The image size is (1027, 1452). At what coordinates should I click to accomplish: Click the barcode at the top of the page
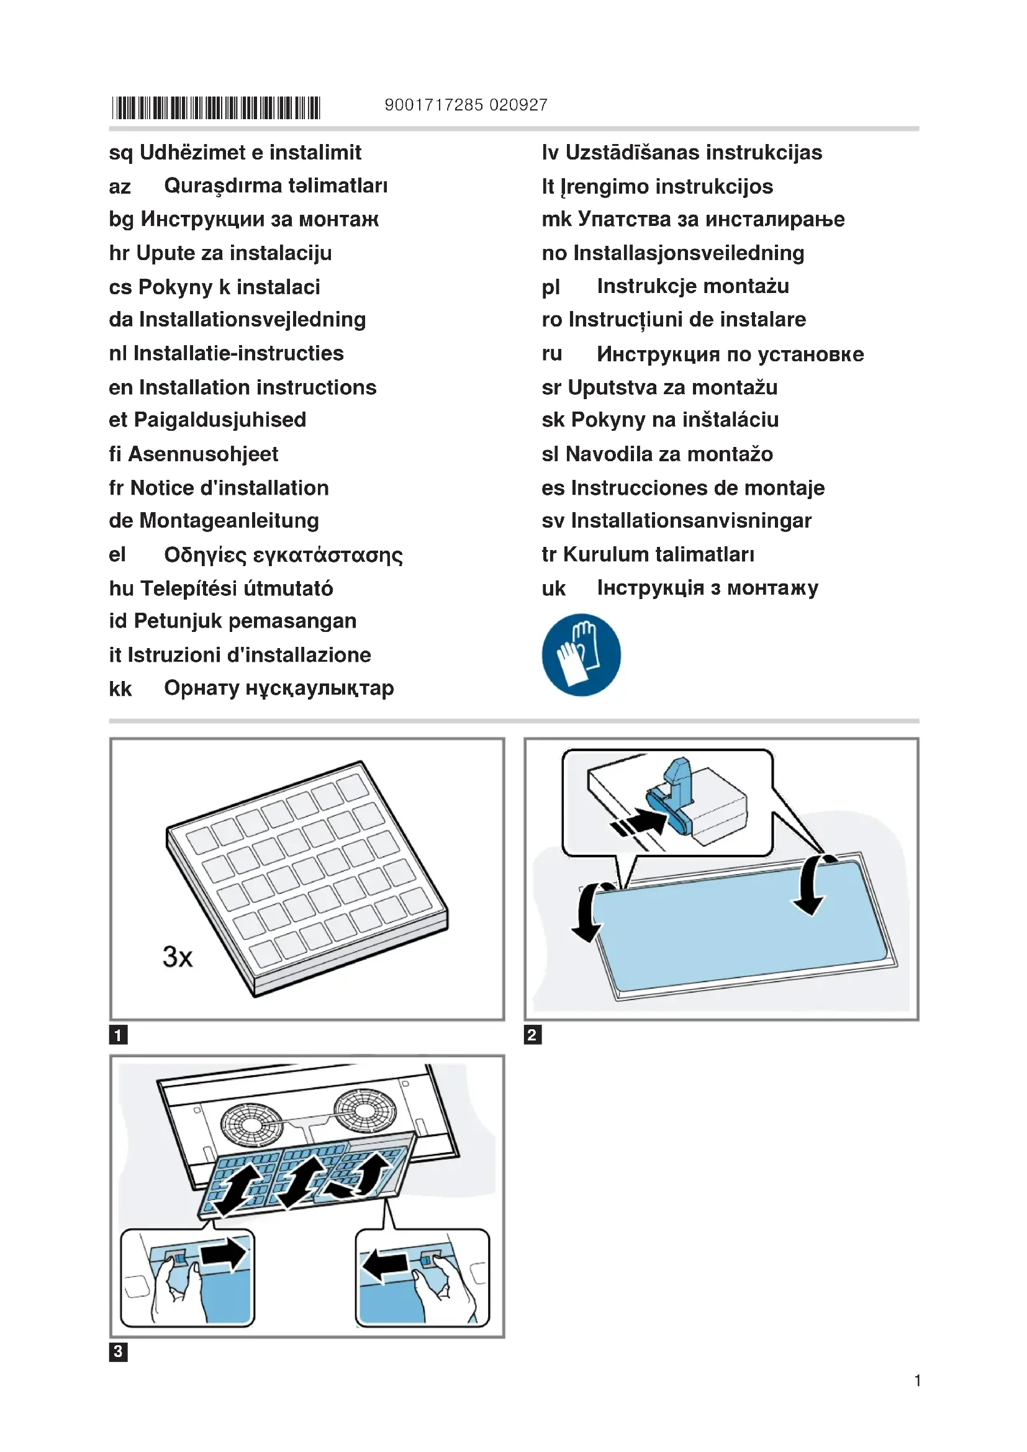point(215,107)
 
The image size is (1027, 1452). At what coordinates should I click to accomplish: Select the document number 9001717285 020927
point(466,105)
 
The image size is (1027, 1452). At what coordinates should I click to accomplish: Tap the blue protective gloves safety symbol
point(581,654)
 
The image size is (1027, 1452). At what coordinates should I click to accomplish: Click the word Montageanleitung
point(229,520)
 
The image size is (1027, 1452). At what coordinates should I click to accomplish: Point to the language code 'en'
point(121,387)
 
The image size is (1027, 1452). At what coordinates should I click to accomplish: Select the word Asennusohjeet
point(203,454)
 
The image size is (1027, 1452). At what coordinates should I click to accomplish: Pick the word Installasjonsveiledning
point(689,253)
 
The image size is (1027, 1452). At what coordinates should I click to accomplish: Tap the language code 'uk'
point(553,588)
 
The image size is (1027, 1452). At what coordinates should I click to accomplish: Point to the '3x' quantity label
point(177,957)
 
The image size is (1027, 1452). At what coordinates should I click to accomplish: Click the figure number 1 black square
point(118,1035)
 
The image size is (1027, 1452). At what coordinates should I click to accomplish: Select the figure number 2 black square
point(533,1035)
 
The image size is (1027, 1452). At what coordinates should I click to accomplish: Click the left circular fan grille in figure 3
point(251,1124)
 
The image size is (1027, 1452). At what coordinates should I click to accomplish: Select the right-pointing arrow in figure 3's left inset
point(224,1253)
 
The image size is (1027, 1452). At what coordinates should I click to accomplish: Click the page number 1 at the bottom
point(917,1381)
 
